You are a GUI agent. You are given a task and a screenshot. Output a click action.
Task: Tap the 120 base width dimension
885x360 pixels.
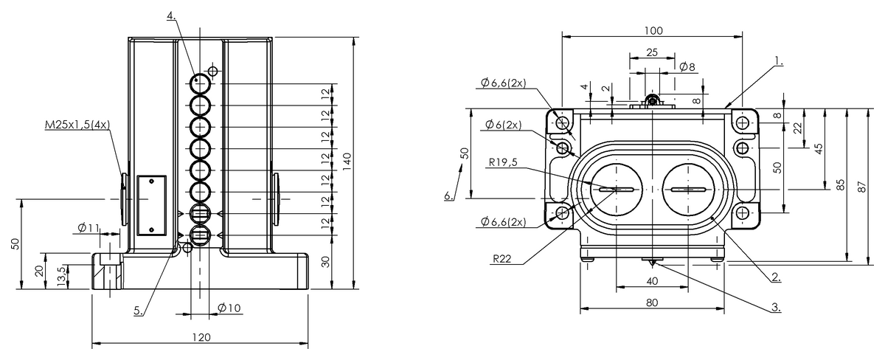201,336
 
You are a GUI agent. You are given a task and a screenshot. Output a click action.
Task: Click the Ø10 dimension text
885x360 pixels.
229,307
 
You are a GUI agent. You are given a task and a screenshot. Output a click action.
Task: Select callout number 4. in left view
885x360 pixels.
171,16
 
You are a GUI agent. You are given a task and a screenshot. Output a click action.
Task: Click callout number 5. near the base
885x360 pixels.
139,311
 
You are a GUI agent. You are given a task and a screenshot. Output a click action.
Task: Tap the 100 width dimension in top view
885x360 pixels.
653,30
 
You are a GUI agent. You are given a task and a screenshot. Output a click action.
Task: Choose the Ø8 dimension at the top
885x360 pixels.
687,67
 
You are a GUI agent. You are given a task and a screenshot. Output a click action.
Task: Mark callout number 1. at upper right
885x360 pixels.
778,63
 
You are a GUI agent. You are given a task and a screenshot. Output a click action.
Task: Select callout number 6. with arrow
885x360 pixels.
448,195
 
